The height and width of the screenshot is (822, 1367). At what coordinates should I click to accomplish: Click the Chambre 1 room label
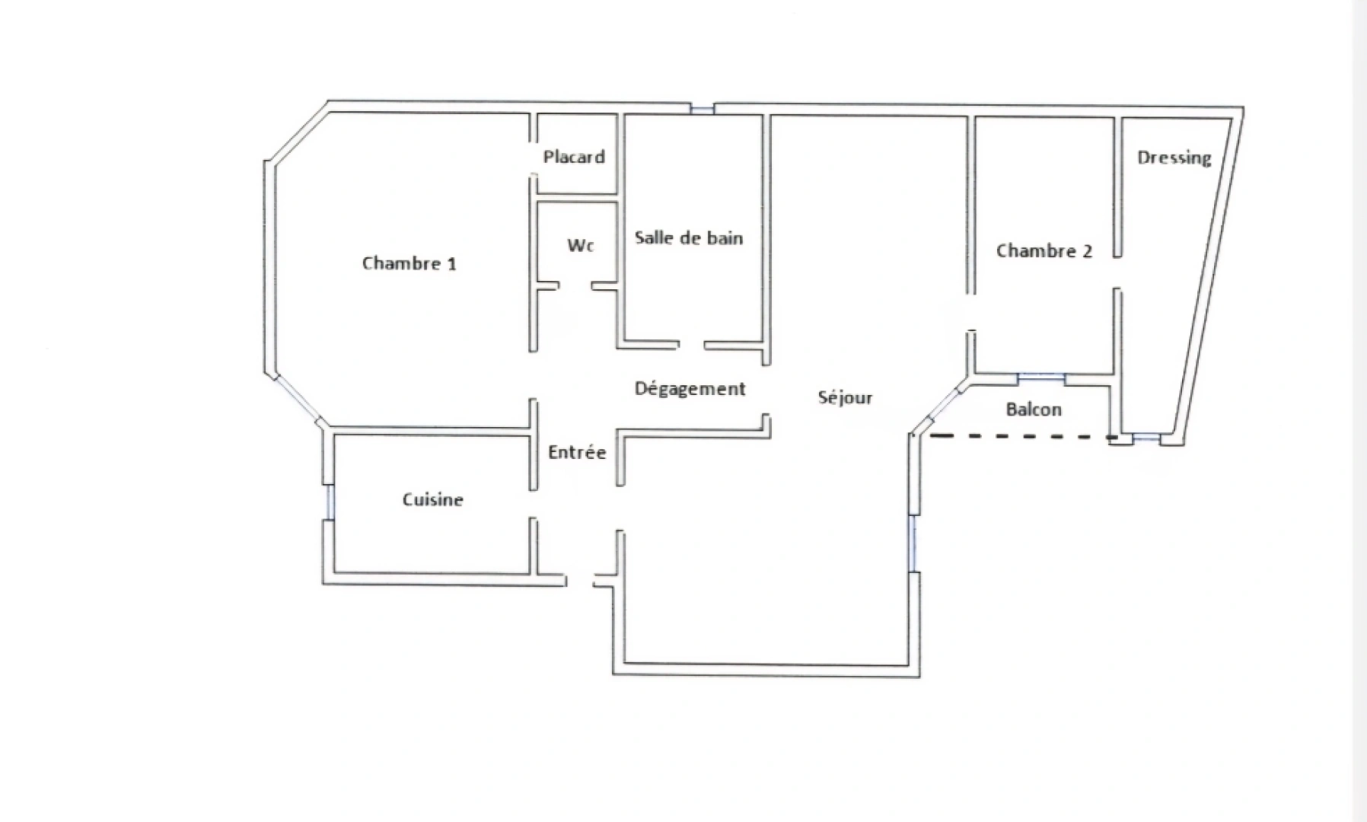(x=409, y=263)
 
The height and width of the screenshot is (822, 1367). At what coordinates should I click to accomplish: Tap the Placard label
(x=574, y=157)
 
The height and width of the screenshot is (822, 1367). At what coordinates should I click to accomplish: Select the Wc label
(x=580, y=245)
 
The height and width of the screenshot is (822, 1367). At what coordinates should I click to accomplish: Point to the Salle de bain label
(x=688, y=237)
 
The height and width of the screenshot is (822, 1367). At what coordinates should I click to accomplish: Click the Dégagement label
(x=690, y=388)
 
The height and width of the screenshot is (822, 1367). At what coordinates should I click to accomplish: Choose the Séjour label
(x=845, y=397)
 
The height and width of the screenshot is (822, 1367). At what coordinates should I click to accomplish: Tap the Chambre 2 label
(x=1044, y=250)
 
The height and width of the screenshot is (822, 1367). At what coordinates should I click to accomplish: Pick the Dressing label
(x=1174, y=158)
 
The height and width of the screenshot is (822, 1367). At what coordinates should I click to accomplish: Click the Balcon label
(x=1033, y=409)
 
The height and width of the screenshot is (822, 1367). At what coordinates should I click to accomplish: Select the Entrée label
(x=577, y=452)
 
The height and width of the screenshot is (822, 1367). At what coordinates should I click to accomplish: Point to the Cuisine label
(x=432, y=499)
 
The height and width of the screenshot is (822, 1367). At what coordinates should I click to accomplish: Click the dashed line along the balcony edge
(x=1020, y=437)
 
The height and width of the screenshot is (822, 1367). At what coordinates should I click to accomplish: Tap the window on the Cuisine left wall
(x=330, y=502)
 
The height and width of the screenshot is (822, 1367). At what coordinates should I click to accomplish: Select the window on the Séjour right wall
(x=913, y=542)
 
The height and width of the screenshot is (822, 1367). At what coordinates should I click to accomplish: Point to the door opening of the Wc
(x=575, y=286)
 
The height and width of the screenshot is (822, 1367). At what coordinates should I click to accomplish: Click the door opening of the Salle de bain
(x=691, y=346)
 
